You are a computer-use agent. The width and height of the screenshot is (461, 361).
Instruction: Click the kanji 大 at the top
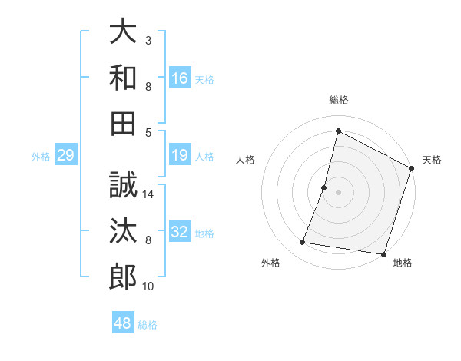(123, 31)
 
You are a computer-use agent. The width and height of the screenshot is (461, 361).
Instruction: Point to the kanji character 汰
(123, 230)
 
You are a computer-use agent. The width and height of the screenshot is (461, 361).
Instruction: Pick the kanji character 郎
(123, 276)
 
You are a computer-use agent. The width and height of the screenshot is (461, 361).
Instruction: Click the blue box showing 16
(180, 78)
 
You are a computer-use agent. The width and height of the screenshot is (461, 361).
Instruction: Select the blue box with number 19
(180, 156)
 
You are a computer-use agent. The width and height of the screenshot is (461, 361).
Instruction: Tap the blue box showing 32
(180, 232)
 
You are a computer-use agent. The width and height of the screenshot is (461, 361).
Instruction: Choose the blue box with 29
(65, 156)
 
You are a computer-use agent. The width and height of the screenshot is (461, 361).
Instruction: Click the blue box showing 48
(123, 323)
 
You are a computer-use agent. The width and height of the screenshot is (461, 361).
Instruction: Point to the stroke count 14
(149, 194)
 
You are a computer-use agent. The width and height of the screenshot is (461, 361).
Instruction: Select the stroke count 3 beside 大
(148, 40)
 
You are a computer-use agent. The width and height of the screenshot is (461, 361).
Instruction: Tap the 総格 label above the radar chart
(338, 100)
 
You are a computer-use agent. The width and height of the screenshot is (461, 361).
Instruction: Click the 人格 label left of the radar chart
(246, 160)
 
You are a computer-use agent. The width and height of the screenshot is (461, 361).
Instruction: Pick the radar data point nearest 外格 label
(303, 243)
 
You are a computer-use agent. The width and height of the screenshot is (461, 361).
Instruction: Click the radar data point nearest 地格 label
(383, 254)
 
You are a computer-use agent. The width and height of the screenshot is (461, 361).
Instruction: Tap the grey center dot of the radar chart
(338, 192)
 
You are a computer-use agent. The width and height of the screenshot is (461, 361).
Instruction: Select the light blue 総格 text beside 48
(148, 325)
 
